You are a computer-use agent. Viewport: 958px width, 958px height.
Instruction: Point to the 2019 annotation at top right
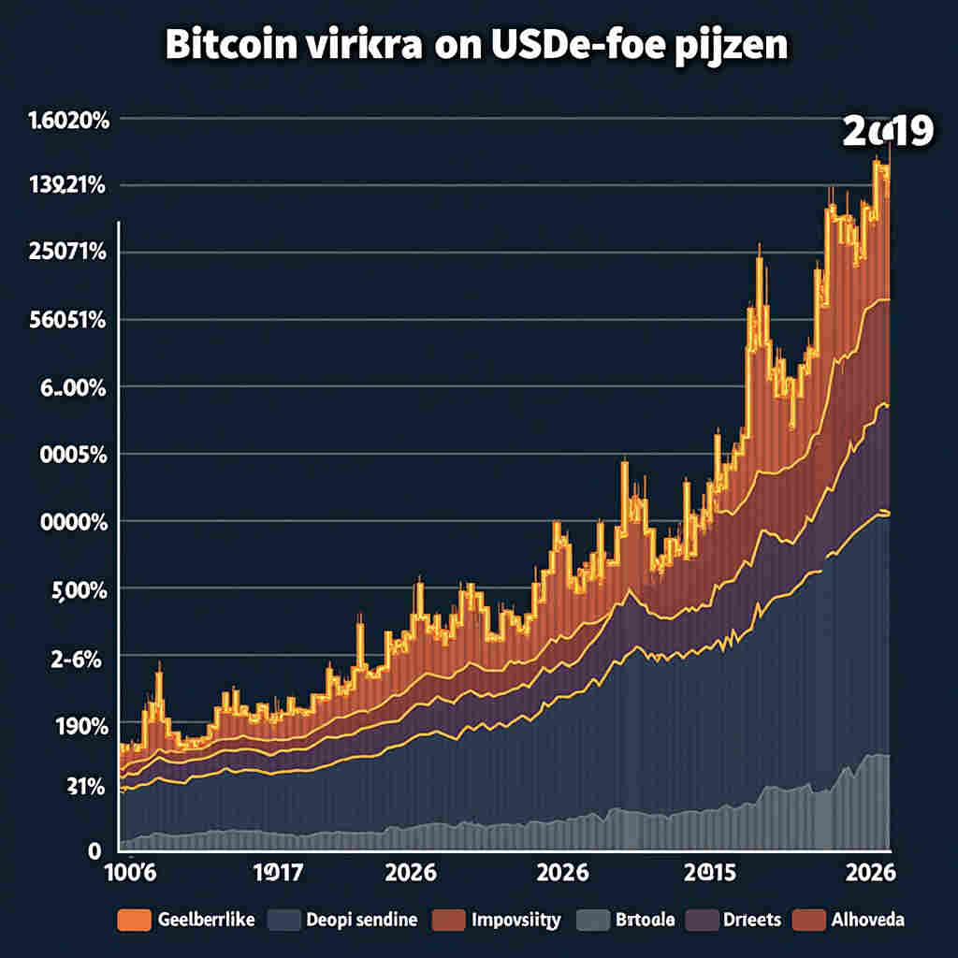pyautogui.click(x=887, y=132)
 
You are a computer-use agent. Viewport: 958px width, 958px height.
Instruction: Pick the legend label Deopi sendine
pyautogui.click(x=361, y=920)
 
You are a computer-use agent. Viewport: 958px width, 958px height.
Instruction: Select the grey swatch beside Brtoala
pyautogui.click(x=591, y=920)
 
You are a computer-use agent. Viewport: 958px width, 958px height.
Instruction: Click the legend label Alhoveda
pyautogui.click(x=868, y=920)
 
